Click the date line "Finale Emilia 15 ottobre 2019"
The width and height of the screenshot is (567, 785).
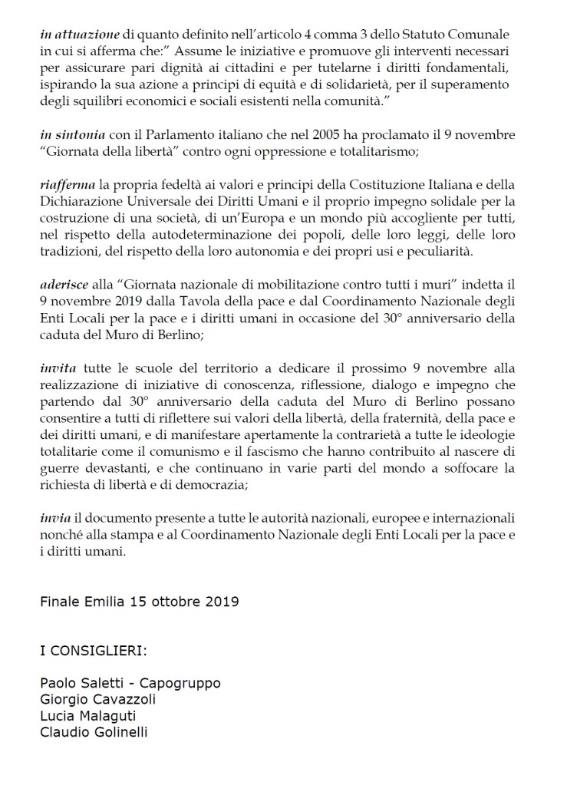(139, 600)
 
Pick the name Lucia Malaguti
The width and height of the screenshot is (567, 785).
(87, 716)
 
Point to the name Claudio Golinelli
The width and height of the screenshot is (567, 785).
(94, 731)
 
